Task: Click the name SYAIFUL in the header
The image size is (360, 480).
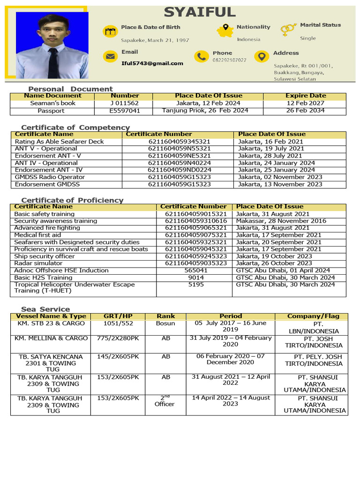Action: click(200, 12)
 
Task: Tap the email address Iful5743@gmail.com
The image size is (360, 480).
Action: click(152, 63)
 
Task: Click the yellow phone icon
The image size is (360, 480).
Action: click(202, 57)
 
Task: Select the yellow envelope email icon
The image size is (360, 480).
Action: click(110, 57)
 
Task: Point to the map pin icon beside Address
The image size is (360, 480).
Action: click(261, 57)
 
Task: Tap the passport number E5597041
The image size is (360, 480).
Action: click(124, 111)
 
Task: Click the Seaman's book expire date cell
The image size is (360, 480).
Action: click(305, 103)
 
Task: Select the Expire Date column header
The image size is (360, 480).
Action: click(305, 96)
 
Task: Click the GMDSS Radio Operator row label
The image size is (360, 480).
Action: click(50, 177)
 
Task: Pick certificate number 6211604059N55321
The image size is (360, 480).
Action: click(180, 149)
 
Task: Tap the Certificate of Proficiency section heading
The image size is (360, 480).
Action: click(72, 200)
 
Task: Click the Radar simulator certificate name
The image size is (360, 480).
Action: click(38, 263)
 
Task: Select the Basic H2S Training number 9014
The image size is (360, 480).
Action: click(196, 277)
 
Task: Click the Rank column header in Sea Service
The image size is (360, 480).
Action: click(166, 316)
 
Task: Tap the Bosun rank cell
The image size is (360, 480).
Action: click(165, 323)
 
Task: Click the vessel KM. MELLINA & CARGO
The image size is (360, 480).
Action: click(51, 338)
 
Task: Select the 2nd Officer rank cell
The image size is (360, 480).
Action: click(165, 401)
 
